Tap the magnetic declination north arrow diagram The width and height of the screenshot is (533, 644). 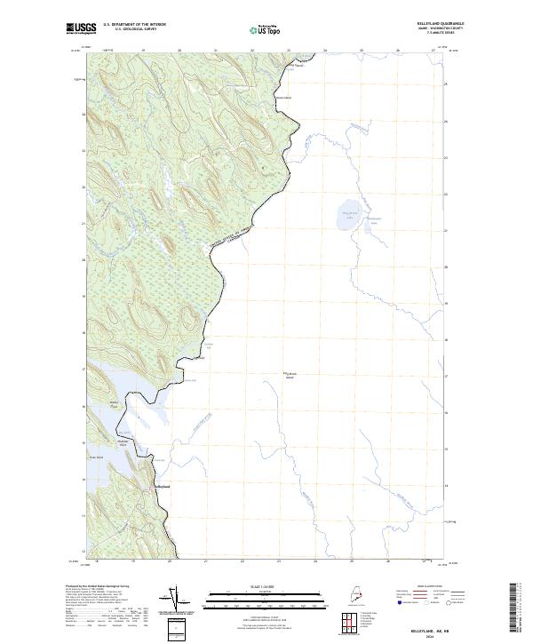click(x=175, y=599)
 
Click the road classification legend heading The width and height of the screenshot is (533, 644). click(x=417, y=587)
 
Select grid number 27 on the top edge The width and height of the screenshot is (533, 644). click(x=433, y=51)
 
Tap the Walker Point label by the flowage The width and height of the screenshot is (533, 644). click(x=115, y=408)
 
